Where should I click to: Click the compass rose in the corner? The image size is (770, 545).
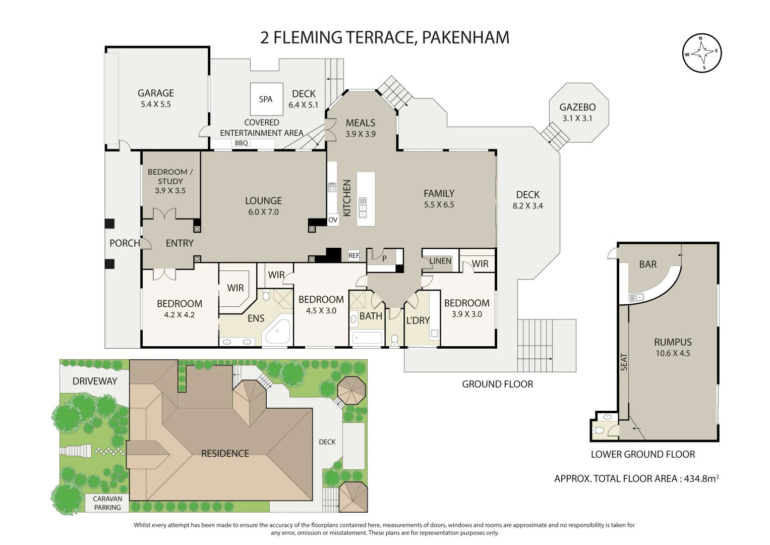[x=701, y=53]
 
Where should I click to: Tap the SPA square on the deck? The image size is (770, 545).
[x=266, y=99]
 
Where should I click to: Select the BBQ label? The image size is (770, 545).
[x=242, y=143]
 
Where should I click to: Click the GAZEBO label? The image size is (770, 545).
[x=577, y=107]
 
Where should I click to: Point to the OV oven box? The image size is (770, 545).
[x=333, y=220]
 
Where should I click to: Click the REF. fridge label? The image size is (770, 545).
[x=354, y=256]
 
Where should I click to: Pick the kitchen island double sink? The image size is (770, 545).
[x=363, y=207]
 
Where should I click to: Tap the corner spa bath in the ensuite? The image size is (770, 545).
[x=276, y=332]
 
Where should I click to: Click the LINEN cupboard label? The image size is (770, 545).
[x=440, y=261]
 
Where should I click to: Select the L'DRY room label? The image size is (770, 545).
[x=418, y=320]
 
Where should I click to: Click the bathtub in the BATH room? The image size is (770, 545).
[x=367, y=338]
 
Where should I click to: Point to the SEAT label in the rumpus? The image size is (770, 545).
[x=624, y=362]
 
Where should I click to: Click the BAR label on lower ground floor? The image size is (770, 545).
[x=648, y=264]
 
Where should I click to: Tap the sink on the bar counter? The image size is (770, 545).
[x=635, y=298]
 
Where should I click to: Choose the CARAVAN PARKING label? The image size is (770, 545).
[x=107, y=503]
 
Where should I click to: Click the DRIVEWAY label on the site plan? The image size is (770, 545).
[x=95, y=381]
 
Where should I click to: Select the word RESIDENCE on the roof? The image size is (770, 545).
[x=225, y=454]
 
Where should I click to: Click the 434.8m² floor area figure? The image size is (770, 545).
[x=700, y=478]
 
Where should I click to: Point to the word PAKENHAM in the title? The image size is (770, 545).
[x=465, y=37]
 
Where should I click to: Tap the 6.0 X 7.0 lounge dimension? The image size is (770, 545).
[x=263, y=212]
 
